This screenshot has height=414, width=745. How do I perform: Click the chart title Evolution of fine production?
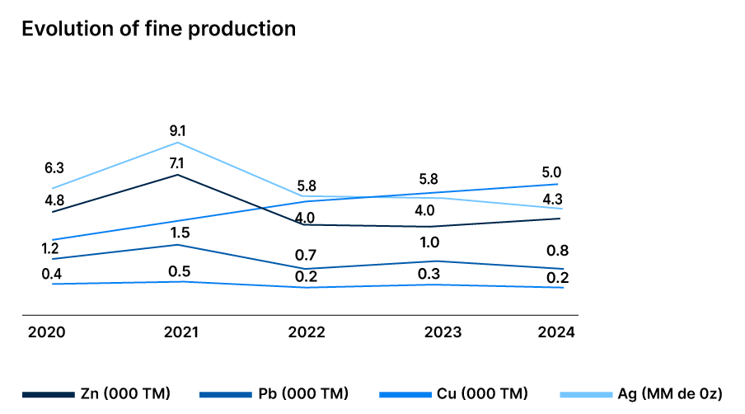(158, 28)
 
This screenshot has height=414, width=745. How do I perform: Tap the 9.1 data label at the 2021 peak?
(178, 130)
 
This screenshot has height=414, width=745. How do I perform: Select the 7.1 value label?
(178, 162)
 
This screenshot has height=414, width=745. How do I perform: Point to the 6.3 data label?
(54, 168)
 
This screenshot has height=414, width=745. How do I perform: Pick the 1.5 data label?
(178, 233)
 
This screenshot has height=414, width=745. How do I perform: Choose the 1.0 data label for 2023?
(429, 242)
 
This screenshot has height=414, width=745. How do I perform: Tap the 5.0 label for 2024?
(552, 172)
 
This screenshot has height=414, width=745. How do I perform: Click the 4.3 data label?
(552, 199)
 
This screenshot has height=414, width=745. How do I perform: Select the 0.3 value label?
(429, 273)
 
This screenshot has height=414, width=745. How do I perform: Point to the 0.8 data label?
(557, 251)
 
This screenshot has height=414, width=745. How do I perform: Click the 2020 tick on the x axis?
(47, 332)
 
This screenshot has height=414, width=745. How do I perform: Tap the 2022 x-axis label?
(307, 332)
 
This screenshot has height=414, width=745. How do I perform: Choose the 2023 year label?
(443, 332)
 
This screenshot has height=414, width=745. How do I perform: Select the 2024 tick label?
(555, 332)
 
